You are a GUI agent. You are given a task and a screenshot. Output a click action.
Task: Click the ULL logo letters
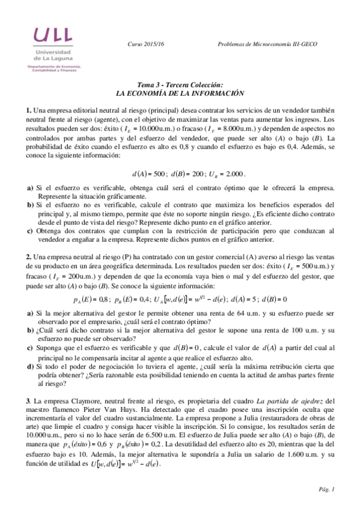coord(53,35)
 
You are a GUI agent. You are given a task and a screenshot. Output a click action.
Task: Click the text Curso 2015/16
coord(146,45)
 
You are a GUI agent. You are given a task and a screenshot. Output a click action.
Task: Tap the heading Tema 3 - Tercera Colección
coord(180,86)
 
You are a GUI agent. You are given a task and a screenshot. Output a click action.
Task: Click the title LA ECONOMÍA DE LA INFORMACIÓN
coord(180,94)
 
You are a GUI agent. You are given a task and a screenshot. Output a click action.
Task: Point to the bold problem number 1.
coord(28,111)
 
